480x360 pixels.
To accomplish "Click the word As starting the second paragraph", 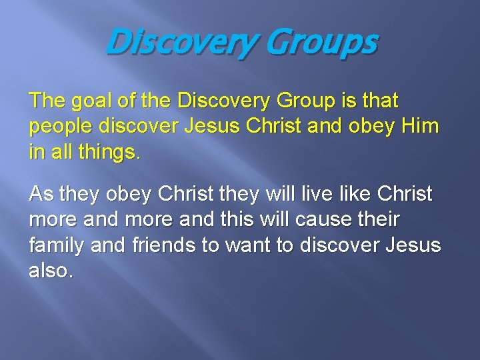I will pos(41,195).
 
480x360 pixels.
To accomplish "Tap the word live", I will pos(311,195).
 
